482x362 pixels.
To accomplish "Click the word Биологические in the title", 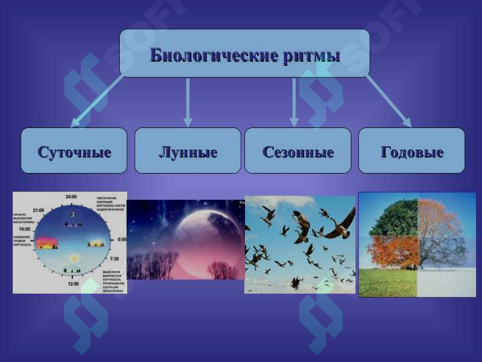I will click(x=212, y=55).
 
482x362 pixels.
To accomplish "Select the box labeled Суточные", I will click(x=74, y=152).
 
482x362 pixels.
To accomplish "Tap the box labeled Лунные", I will click(x=187, y=152).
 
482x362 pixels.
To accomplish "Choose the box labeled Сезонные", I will click(x=297, y=152).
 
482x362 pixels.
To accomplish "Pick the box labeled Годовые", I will click(x=412, y=152).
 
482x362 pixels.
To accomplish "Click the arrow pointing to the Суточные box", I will click(x=97, y=101).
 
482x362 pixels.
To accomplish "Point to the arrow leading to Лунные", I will click(x=187, y=101).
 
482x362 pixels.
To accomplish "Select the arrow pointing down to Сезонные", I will click(x=293, y=101).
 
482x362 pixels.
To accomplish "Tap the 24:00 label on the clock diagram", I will click(x=71, y=196).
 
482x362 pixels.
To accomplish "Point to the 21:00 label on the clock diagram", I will click(x=38, y=210).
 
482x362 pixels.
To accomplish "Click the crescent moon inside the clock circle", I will click(x=73, y=214).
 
